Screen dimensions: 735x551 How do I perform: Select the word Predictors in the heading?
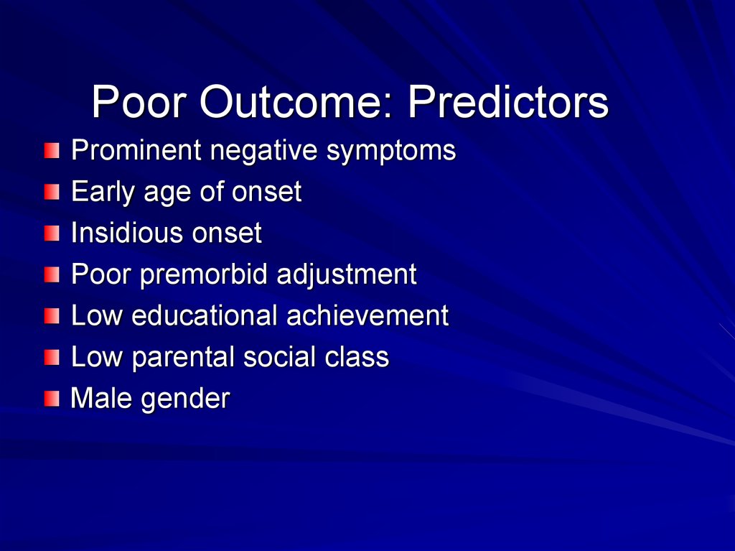[x=508, y=101]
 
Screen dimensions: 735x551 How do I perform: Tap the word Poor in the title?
[x=139, y=101]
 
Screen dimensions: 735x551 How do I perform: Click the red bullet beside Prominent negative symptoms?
[x=52, y=151]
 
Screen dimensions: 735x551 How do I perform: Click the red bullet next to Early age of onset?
[x=52, y=192]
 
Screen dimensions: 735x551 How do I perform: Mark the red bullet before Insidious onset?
[x=52, y=233]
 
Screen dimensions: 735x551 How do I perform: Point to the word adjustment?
[x=347, y=274]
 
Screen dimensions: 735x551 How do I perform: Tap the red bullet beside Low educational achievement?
[x=52, y=316]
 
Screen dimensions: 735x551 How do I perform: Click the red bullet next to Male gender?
[x=52, y=399]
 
